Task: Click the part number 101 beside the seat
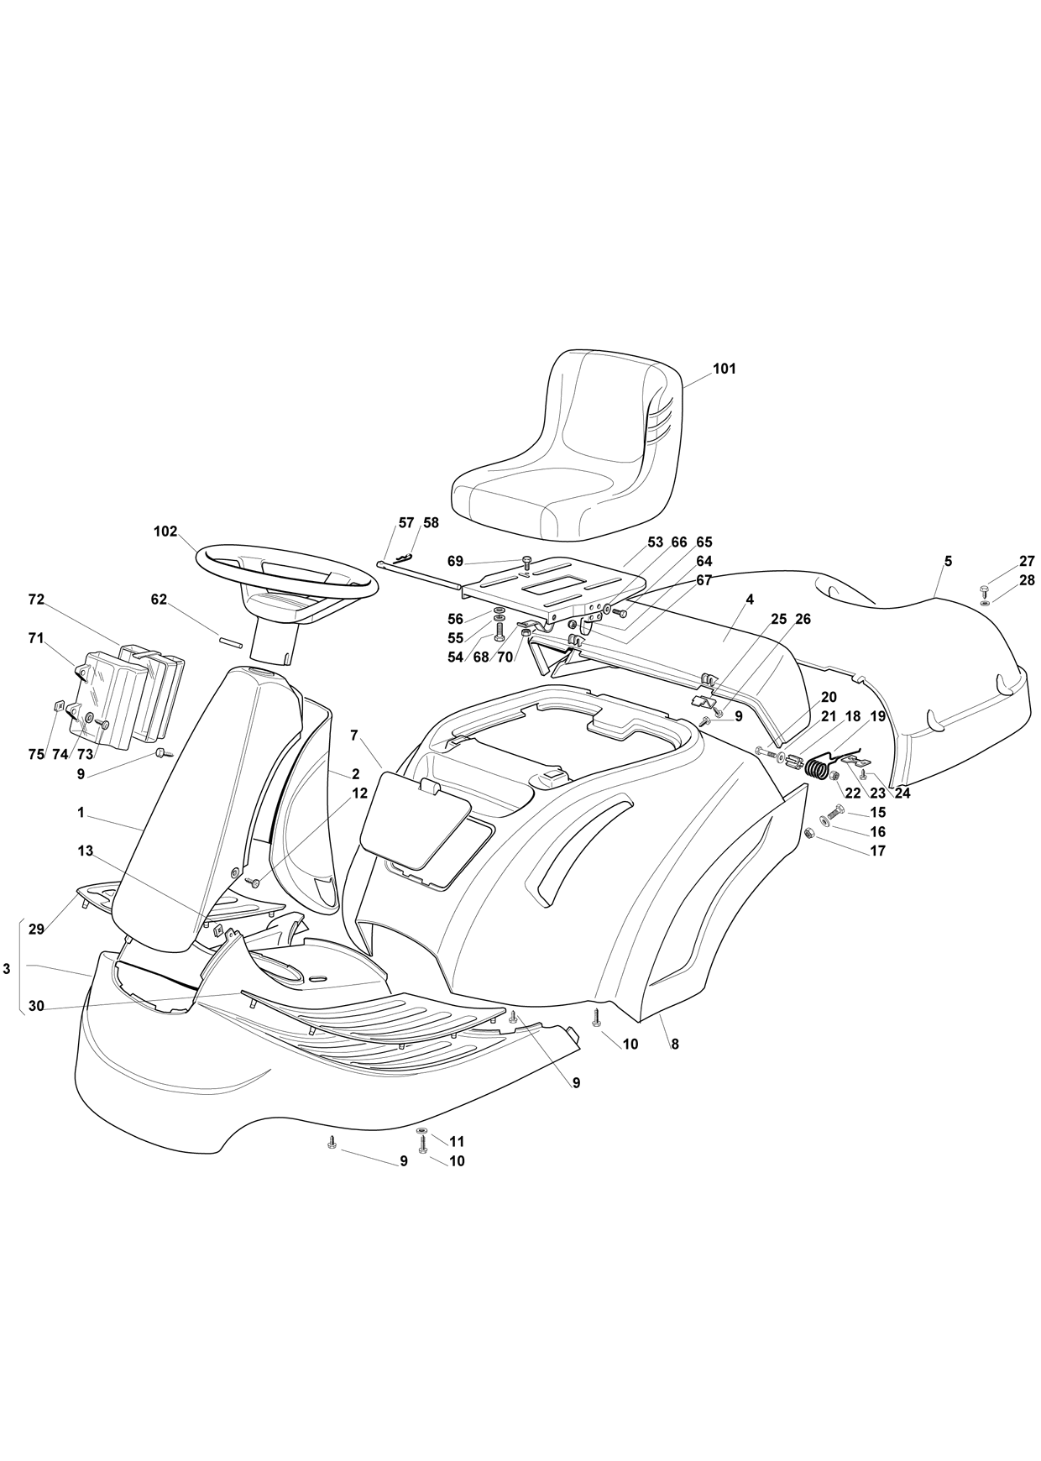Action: pyautogui.click(x=724, y=369)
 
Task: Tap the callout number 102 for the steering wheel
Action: pyautogui.click(x=165, y=532)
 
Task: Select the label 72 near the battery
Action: pyautogui.click(x=35, y=600)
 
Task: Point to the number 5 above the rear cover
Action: pyautogui.click(x=948, y=562)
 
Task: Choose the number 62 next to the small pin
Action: pyautogui.click(x=159, y=600)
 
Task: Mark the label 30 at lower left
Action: pyautogui.click(x=35, y=1006)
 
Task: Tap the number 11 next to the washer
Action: pyautogui.click(x=457, y=1142)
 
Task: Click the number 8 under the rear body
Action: pyautogui.click(x=675, y=1045)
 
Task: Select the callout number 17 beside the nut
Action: pyautogui.click(x=877, y=851)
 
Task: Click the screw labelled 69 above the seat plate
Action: pyautogui.click(x=526, y=562)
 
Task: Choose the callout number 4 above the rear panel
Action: pyautogui.click(x=750, y=600)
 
